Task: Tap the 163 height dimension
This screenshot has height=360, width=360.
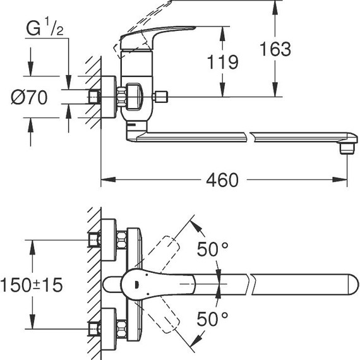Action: click(275, 48)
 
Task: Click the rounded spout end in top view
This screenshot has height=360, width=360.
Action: click(347, 284)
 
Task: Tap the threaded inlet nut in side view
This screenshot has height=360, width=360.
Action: click(95, 97)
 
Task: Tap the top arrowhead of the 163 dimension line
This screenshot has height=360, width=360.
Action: click(275, 4)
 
